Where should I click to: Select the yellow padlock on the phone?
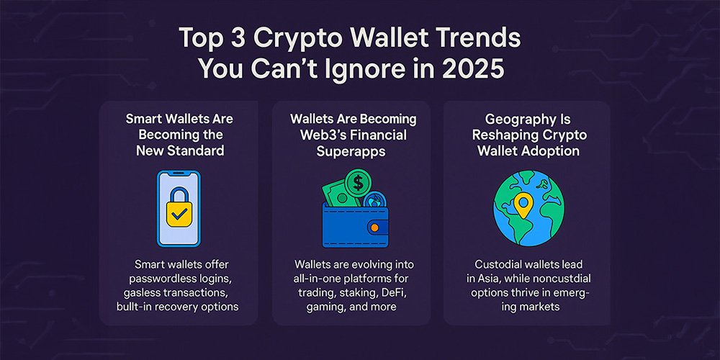coord(179,207)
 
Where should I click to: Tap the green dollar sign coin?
coord(357,181)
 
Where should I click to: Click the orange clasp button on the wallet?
coord(374,228)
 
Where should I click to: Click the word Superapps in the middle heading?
coord(352,150)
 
